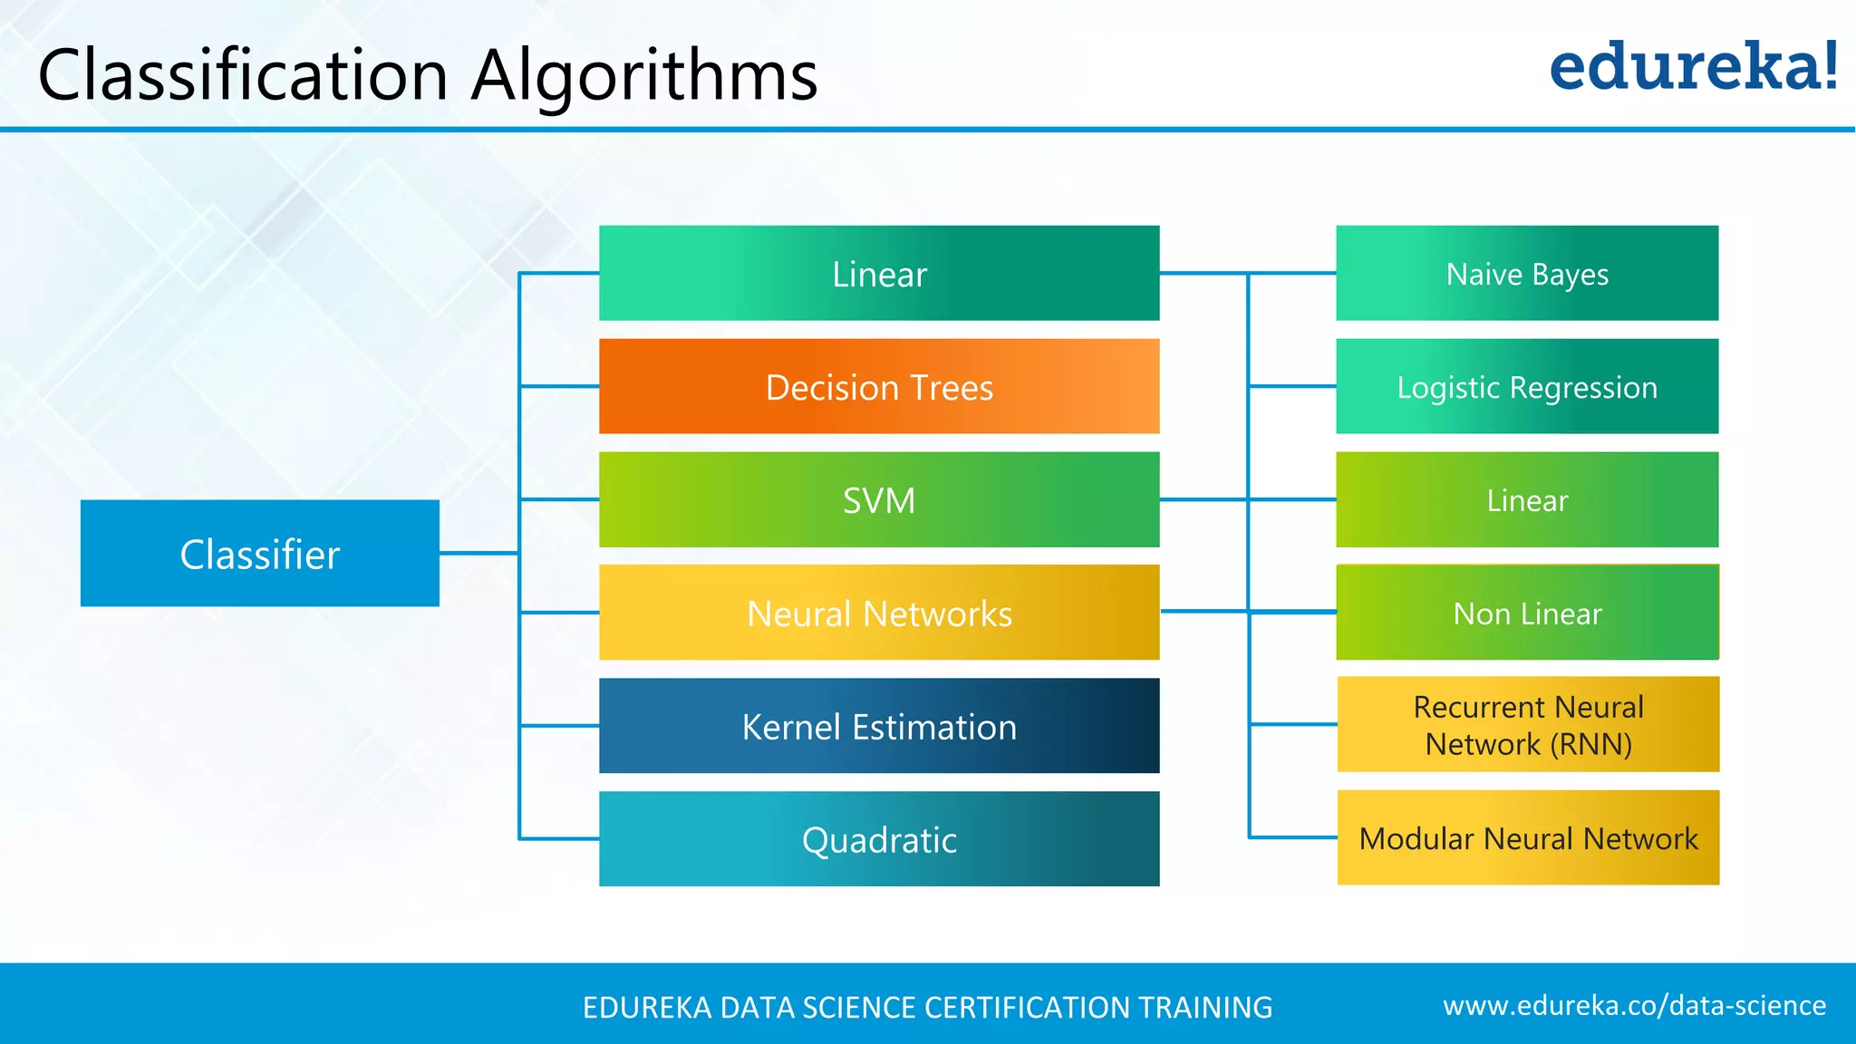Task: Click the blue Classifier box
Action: pyautogui.click(x=259, y=553)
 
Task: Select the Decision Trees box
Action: pyautogui.click(x=879, y=387)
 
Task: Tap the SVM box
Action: pyautogui.click(x=879, y=499)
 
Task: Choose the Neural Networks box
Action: pyautogui.click(x=879, y=613)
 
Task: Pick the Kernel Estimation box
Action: pyautogui.click(x=879, y=726)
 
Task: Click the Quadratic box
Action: pyautogui.click(x=879, y=839)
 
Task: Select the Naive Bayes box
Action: pyautogui.click(x=1527, y=273)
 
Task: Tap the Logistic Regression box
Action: pyautogui.click(x=1527, y=387)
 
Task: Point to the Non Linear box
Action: pyautogui.click(x=1527, y=613)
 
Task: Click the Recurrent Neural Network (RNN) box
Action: pyautogui.click(x=1528, y=725)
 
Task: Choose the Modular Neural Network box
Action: pyautogui.click(x=1528, y=838)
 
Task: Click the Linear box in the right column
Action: pyautogui.click(x=1527, y=499)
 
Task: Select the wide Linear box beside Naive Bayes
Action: pyautogui.click(x=879, y=273)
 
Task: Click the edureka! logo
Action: pyautogui.click(x=1693, y=67)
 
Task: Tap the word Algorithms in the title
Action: pyautogui.click(x=644, y=76)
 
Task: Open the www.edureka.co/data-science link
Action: pyautogui.click(x=1634, y=1005)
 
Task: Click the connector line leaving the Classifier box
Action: pyautogui.click(x=478, y=553)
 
